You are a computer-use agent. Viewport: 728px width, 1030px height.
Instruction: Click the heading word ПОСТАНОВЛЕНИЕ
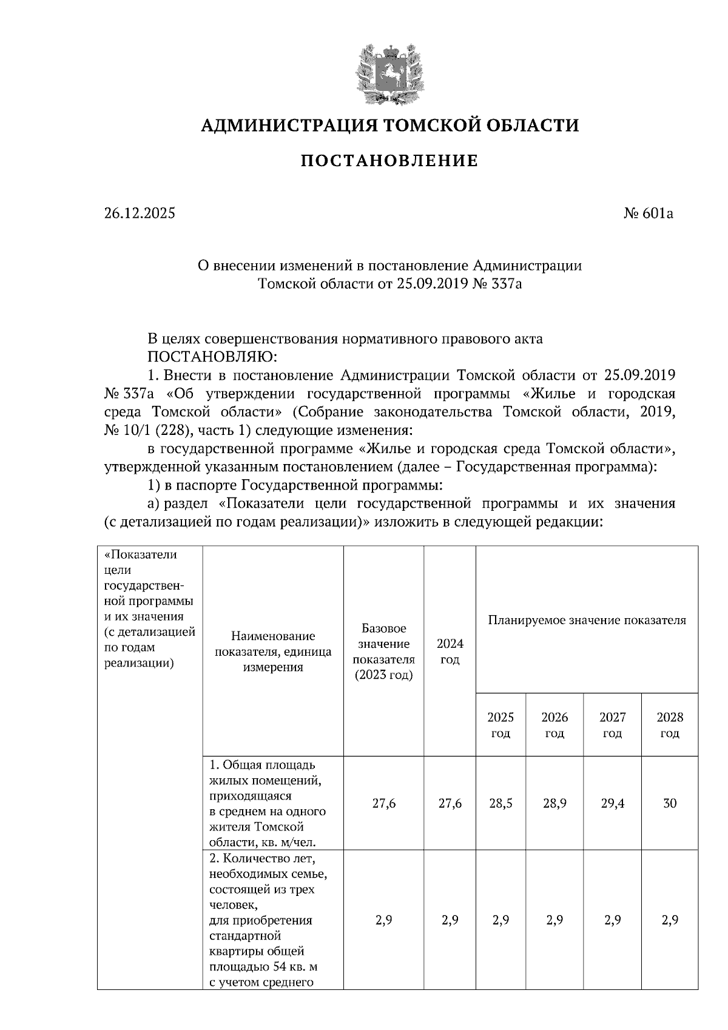pyautogui.click(x=389, y=161)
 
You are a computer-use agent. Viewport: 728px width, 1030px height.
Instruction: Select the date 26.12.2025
pyautogui.click(x=140, y=214)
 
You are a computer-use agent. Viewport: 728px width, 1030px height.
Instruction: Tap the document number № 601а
pyautogui.click(x=649, y=214)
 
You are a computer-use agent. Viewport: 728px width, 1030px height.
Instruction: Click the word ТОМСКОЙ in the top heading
pyautogui.click(x=428, y=126)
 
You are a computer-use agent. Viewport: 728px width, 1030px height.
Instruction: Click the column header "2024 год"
pyautogui.click(x=450, y=651)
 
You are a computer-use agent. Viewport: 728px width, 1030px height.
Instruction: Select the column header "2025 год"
pyautogui.click(x=500, y=725)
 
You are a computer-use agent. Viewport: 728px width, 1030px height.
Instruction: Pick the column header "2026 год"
pyautogui.click(x=554, y=725)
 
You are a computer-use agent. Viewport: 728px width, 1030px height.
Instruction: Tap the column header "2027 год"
pyautogui.click(x=612, y=725)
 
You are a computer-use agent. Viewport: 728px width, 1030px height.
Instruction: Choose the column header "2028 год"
pyautogui.click(x=669, y=725)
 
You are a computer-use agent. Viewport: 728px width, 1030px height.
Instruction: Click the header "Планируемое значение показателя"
pyautogui.click(x=587, y=621)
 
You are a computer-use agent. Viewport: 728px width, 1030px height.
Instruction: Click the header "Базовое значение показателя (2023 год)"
pyautogui.click(x=383, y=651)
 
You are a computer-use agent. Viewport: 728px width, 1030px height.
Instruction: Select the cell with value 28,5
pyautogui.click(x=500, y=804)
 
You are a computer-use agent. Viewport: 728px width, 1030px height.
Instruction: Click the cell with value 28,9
pyautogui.click(x=554, y=804)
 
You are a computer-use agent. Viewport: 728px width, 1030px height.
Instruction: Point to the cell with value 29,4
pyautogui.click(x=612, y=804)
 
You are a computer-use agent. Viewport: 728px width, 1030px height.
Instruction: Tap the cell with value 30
pyautogui.click(x=669, y=804)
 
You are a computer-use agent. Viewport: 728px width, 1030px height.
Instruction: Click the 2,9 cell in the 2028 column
pyautogui.click(x=669, y=920)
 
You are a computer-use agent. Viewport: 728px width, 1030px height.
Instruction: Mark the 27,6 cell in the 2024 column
pyautogui.click(x=450, y=804)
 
